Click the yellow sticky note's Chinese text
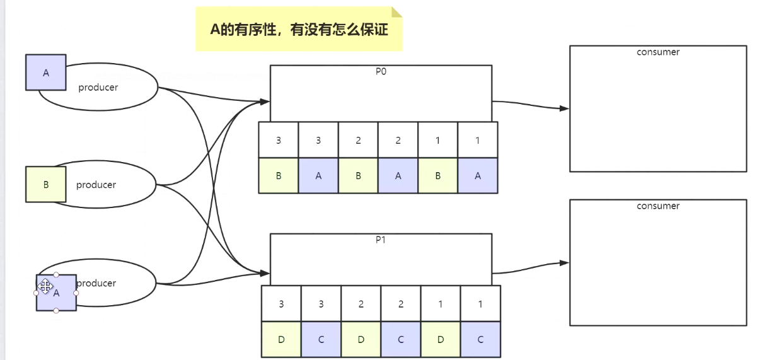pyautogui.click(x=298, y=30)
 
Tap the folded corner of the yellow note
pyautogui.click(x=396, y=12)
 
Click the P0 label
pyautogui.click(x=381, y=72)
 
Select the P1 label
pyautogui.click(x=381, y=240)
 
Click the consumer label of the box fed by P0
pyautogui.click(x=658, y=52)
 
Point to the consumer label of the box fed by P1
pyautogui.click(x=658, y=206)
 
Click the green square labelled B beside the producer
pyautogui.click(x=45, y=185)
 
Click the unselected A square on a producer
pyautogui.click(x=45, y=73)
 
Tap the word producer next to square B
pyautogui.click(x=96, y=185)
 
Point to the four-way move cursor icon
pyautogui.click(x=45, y=287)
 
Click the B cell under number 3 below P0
pyautogui.click(x=279, y=176)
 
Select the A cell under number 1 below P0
pyautogui.click(x=478, y=176)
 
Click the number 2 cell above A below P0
pyautogui.click(x=398, y=140)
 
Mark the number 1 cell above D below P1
pyautogui.click(x=441, y=304)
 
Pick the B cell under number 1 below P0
pyautogui.click(x=438, y=176)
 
